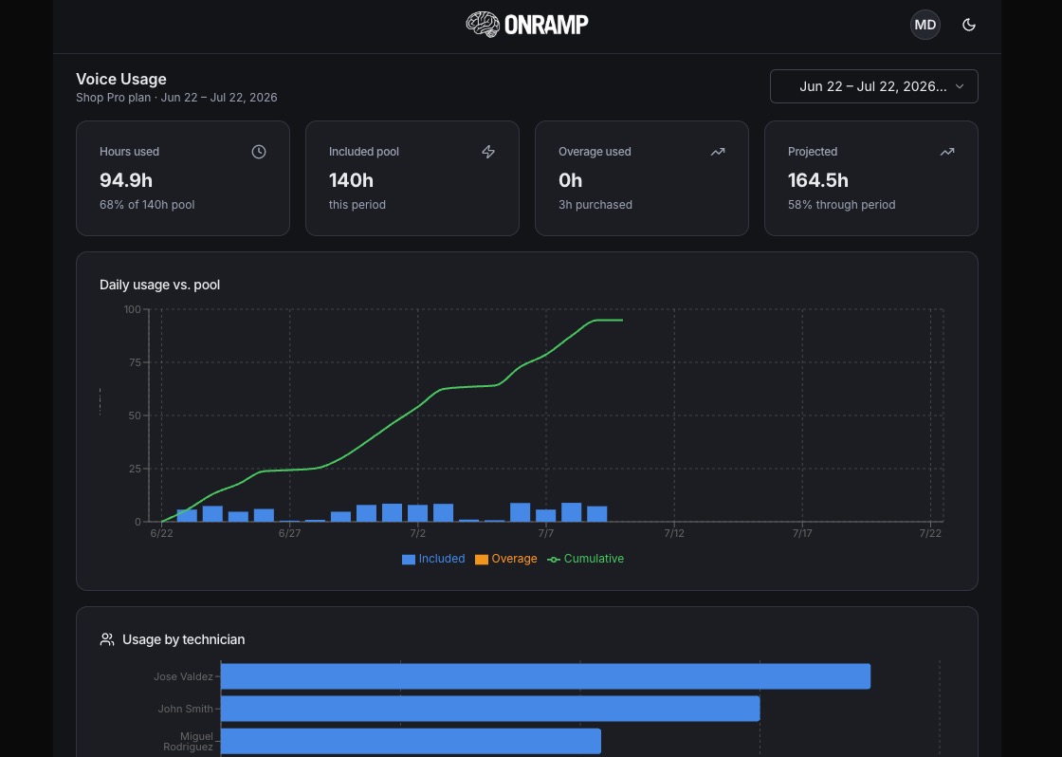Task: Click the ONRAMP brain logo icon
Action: [x=483, y=25]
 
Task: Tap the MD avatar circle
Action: [x=925, y=25]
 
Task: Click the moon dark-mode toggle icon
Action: [x=969, y=25]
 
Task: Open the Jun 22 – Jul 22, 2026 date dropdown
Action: [x=873, y=86]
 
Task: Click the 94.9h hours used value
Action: [x=126, y=180]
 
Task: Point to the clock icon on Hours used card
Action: [x=259, y=152]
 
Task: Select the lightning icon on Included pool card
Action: [x=488, y=152]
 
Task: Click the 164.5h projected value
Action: [x=818, y=180]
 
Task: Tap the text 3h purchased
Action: [x=595, y=205]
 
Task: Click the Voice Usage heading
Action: [x=121, y=80]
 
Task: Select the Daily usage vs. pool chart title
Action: [x=160, y=285]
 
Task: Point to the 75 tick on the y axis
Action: [x=133, y=362]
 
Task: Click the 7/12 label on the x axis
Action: [x=674, y=533]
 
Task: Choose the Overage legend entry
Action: [x=506, y=559]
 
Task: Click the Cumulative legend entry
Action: [x=586, y=559]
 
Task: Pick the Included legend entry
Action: [x=433, y=559]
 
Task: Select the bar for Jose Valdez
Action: [x=545, y=676]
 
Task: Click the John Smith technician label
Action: [x=186, y=709]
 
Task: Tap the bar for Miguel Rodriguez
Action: [x=411, y=742]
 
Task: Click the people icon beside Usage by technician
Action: [x=107, y=639]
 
